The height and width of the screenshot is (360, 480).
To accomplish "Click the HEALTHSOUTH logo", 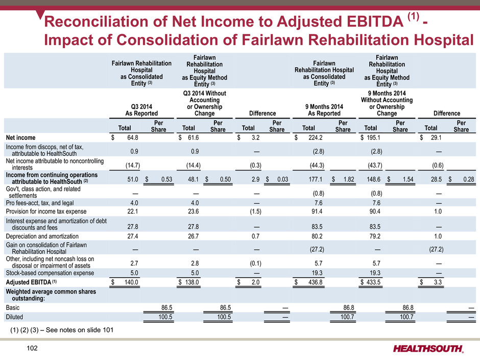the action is [x=428, y=349].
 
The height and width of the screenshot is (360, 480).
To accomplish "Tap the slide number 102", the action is [x=32, y=348].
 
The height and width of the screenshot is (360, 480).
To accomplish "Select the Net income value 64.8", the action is [x=133, y=138].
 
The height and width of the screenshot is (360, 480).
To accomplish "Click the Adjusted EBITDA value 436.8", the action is [x=315, y=282].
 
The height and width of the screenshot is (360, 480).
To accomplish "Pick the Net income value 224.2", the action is [x=315, y=138].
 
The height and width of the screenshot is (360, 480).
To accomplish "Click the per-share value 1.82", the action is [x=349, y=179].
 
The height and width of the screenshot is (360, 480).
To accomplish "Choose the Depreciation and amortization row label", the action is [x=42, y=236].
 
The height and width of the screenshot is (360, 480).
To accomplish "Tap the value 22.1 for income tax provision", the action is [x=133, y=211].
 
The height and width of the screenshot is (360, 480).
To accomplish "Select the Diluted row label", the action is [x=14, y=317].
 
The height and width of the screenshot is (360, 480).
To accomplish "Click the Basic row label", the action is [x=13, y=307].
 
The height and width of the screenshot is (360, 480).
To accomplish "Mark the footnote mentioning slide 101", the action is [x=62, y=330].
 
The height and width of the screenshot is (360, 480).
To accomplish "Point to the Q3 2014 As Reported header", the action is [x=141, y=110].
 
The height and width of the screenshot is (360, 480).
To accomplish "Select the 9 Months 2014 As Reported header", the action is [x=324, y=110].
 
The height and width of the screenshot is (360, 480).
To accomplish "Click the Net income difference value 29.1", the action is [x=436, y=138].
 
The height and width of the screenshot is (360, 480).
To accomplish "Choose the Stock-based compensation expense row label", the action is [x=50, y=273].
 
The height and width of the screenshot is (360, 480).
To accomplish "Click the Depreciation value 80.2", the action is [x=317, y=236].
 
